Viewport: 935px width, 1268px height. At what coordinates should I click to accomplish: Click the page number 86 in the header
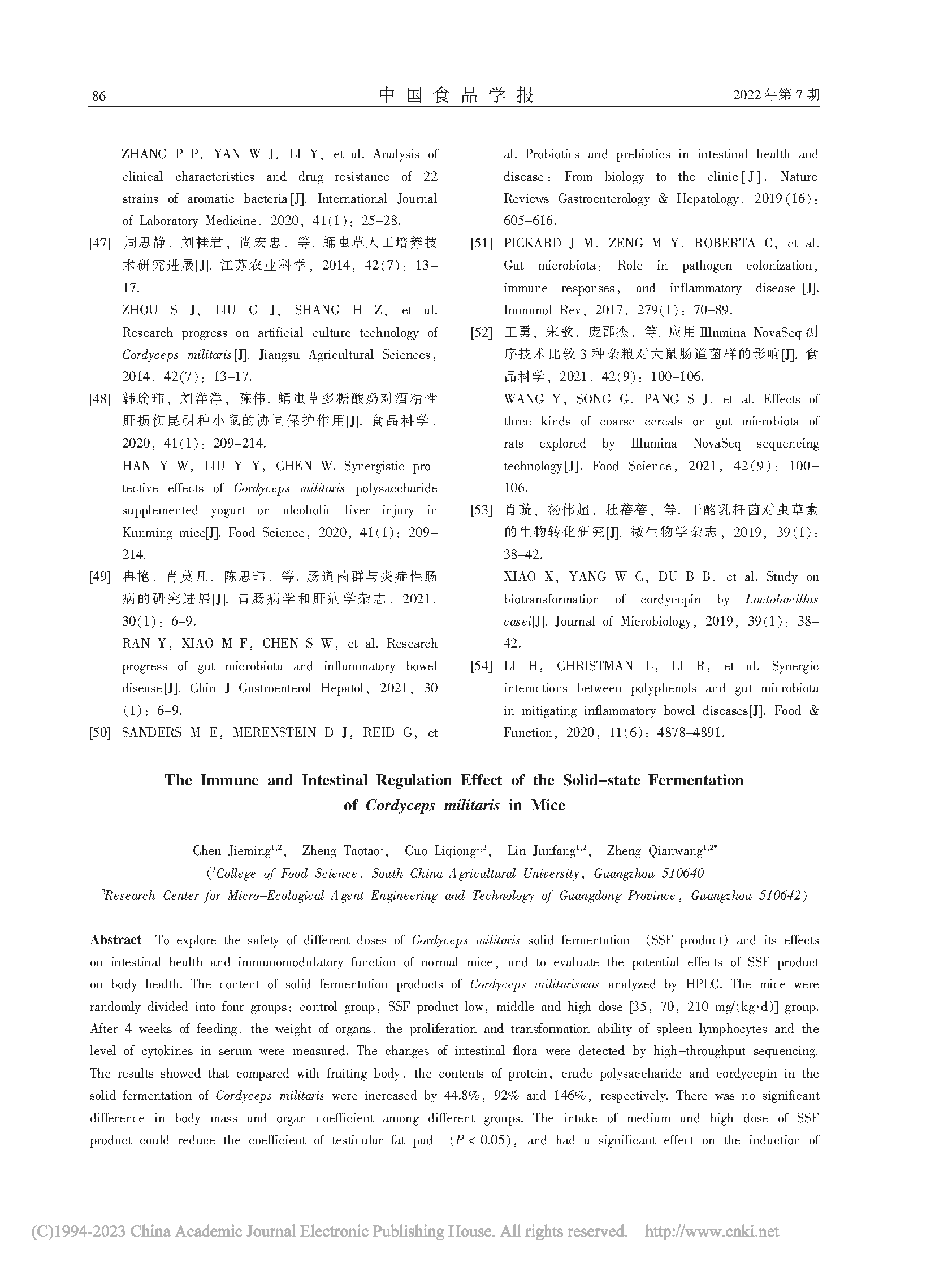(x=98, y=95)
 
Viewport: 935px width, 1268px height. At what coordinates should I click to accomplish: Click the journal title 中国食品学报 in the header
(x=456, y=94)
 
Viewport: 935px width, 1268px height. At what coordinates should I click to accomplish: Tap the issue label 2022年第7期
(x=776, y=94)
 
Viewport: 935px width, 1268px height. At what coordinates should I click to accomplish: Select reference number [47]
(x=99, y=244)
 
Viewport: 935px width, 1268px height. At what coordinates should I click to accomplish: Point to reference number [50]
(x=99, y=733)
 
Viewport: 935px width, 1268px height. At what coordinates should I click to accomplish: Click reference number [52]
(x=481, y=333)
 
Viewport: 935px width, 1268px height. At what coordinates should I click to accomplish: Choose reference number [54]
(x=481, y=667)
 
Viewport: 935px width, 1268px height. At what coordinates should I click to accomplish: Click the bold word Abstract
(x=115, y=940)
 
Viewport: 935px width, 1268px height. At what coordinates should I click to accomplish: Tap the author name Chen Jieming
(x=232, y=851)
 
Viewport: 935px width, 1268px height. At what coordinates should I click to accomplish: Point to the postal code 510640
(x=682, y=874)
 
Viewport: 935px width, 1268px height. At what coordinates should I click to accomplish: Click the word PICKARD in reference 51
(x=532, y=244)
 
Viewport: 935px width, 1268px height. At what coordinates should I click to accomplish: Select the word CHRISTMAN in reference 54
(x=594, y=667)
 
